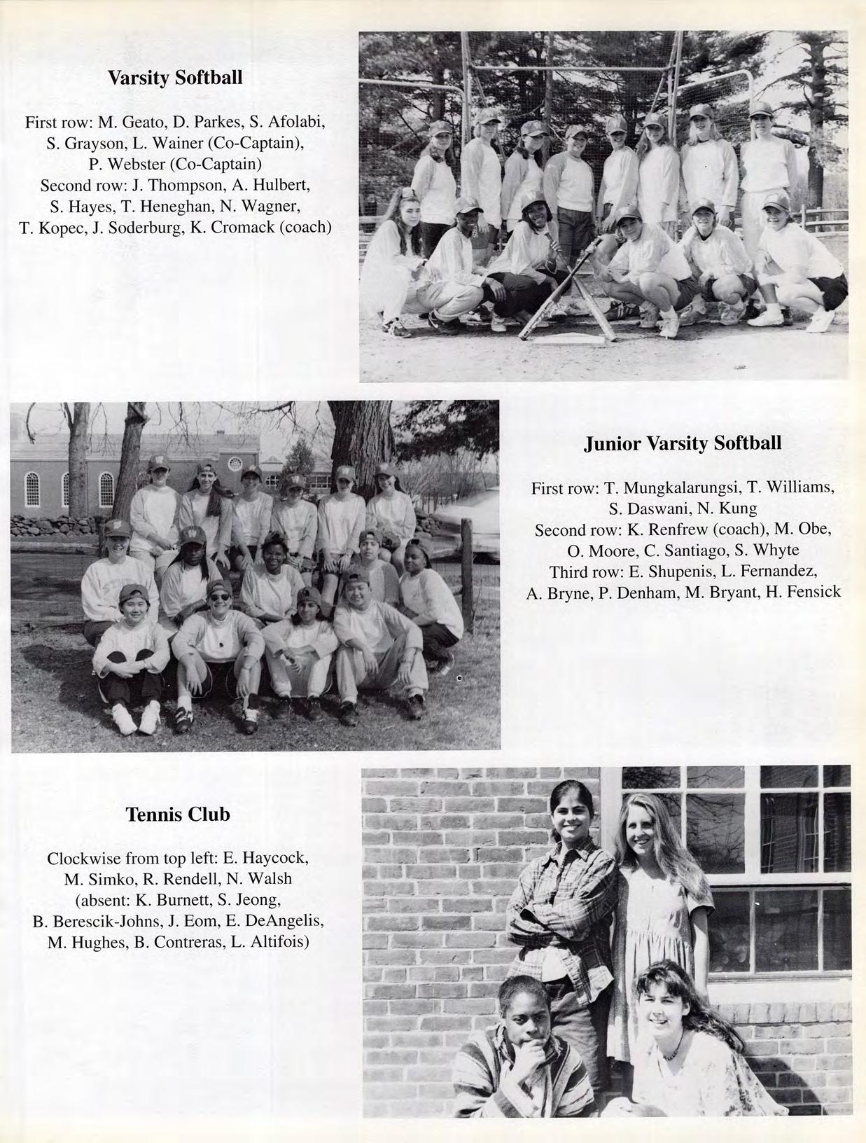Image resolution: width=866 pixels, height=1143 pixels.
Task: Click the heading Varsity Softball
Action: [x=175, y=78]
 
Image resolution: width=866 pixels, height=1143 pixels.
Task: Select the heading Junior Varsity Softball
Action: [x=683, y=443]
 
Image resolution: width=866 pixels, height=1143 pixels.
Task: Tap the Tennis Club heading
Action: [x=178, y=815]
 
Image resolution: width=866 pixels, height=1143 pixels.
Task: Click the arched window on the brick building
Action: [x=106, y=488]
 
